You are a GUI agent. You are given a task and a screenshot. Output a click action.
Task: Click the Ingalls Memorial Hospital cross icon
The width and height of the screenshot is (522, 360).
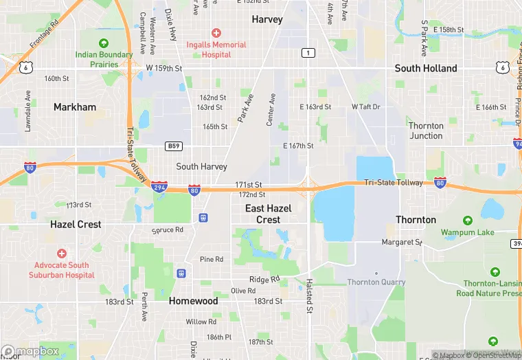pyautogui.click(x=216, y=33)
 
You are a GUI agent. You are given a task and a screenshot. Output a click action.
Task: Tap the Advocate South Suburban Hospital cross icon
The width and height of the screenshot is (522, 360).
pyautogui.click(x=62, y=254)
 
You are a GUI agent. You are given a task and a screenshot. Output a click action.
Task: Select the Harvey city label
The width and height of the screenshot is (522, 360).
pyautogui.click(x=267, y=19)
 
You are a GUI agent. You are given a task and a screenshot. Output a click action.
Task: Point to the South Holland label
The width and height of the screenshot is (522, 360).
pyautogui.click(x=426, y=68)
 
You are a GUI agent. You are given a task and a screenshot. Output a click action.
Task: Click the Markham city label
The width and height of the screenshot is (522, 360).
pyautogui.click(x=75, y=106)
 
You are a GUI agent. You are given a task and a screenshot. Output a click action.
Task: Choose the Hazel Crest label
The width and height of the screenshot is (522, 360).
pyautogui.click(x=76, y=224)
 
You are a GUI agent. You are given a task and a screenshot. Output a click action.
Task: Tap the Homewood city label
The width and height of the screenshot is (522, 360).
pyautogui.click(x=194, y=301)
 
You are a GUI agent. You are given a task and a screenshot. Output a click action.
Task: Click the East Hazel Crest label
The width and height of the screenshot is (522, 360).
pyautogui.click(x=269, y=214)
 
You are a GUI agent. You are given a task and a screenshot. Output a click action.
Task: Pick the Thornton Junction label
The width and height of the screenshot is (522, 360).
pyautogui.click(x=426, y=131)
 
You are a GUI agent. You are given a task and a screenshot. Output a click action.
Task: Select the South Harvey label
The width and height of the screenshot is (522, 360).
pyautogui.click(x=201, y=166)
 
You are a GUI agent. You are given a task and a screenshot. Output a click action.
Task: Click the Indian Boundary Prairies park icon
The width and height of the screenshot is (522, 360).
pyautogui.click(x=104, y=43)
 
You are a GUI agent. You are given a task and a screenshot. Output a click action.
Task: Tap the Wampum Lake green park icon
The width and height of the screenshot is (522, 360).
pyautogui.click(x=467, y=221)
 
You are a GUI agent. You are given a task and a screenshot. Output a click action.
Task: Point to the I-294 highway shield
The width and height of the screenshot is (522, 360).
pyautogui.click(x=159, y=186)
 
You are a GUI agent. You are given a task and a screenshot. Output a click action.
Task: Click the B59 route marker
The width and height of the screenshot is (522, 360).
pyautogui.click(x=174, y=146)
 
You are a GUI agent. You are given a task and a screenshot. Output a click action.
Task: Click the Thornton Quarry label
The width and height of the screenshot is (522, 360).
pyautogui.click(x=376, y=282)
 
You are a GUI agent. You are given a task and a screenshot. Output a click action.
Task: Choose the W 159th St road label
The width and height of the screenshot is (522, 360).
pyautogui.click(x=164, y=68)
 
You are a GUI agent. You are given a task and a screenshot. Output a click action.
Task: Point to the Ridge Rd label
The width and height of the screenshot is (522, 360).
pyautogui.click(x=264, y=280)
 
